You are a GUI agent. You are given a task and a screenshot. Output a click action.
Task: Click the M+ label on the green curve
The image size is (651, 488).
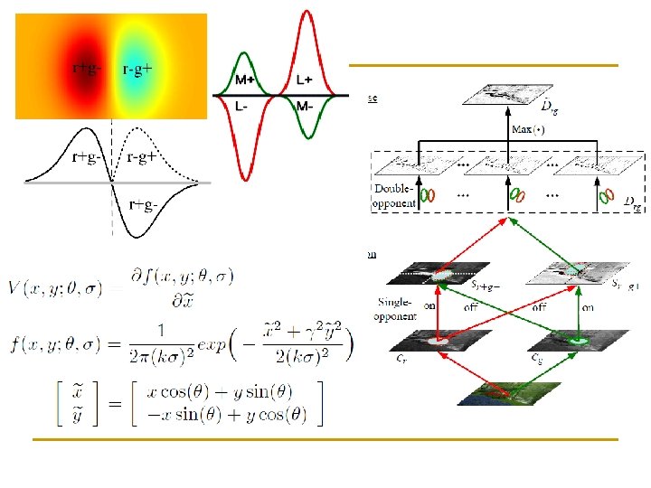click(245, 80)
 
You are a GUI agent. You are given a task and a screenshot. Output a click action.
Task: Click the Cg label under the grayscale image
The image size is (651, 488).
click(536, 359)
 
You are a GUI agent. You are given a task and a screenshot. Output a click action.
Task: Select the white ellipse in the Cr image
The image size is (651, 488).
click(439, 342)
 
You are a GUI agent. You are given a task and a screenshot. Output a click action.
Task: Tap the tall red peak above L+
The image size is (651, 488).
click(308, 18)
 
